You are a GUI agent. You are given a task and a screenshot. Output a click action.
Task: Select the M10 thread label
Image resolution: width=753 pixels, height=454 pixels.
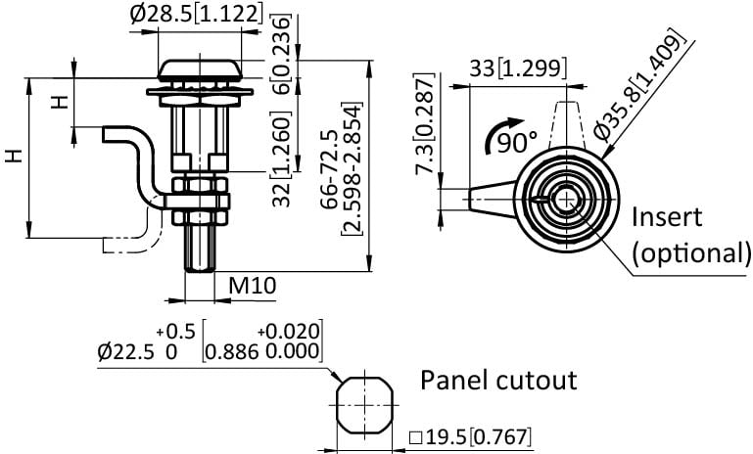click(254, 285)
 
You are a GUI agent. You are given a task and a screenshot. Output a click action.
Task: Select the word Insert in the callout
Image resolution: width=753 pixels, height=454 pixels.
click(667, 217)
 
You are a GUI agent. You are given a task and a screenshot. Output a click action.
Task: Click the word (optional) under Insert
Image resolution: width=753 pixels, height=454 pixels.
click(691, 252)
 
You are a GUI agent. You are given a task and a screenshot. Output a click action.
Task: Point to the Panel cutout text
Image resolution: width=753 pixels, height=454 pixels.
click(498, 379)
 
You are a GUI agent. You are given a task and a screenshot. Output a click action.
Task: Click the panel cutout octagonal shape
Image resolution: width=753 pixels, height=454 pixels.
click(365, 402)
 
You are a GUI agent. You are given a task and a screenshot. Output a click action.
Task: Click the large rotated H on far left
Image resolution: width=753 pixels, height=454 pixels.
click(13, 157)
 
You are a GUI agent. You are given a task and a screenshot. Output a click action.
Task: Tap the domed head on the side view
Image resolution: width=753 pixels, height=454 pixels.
click(201, 69)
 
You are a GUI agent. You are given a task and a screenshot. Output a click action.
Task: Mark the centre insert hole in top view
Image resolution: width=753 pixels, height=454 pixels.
click(565, 197)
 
